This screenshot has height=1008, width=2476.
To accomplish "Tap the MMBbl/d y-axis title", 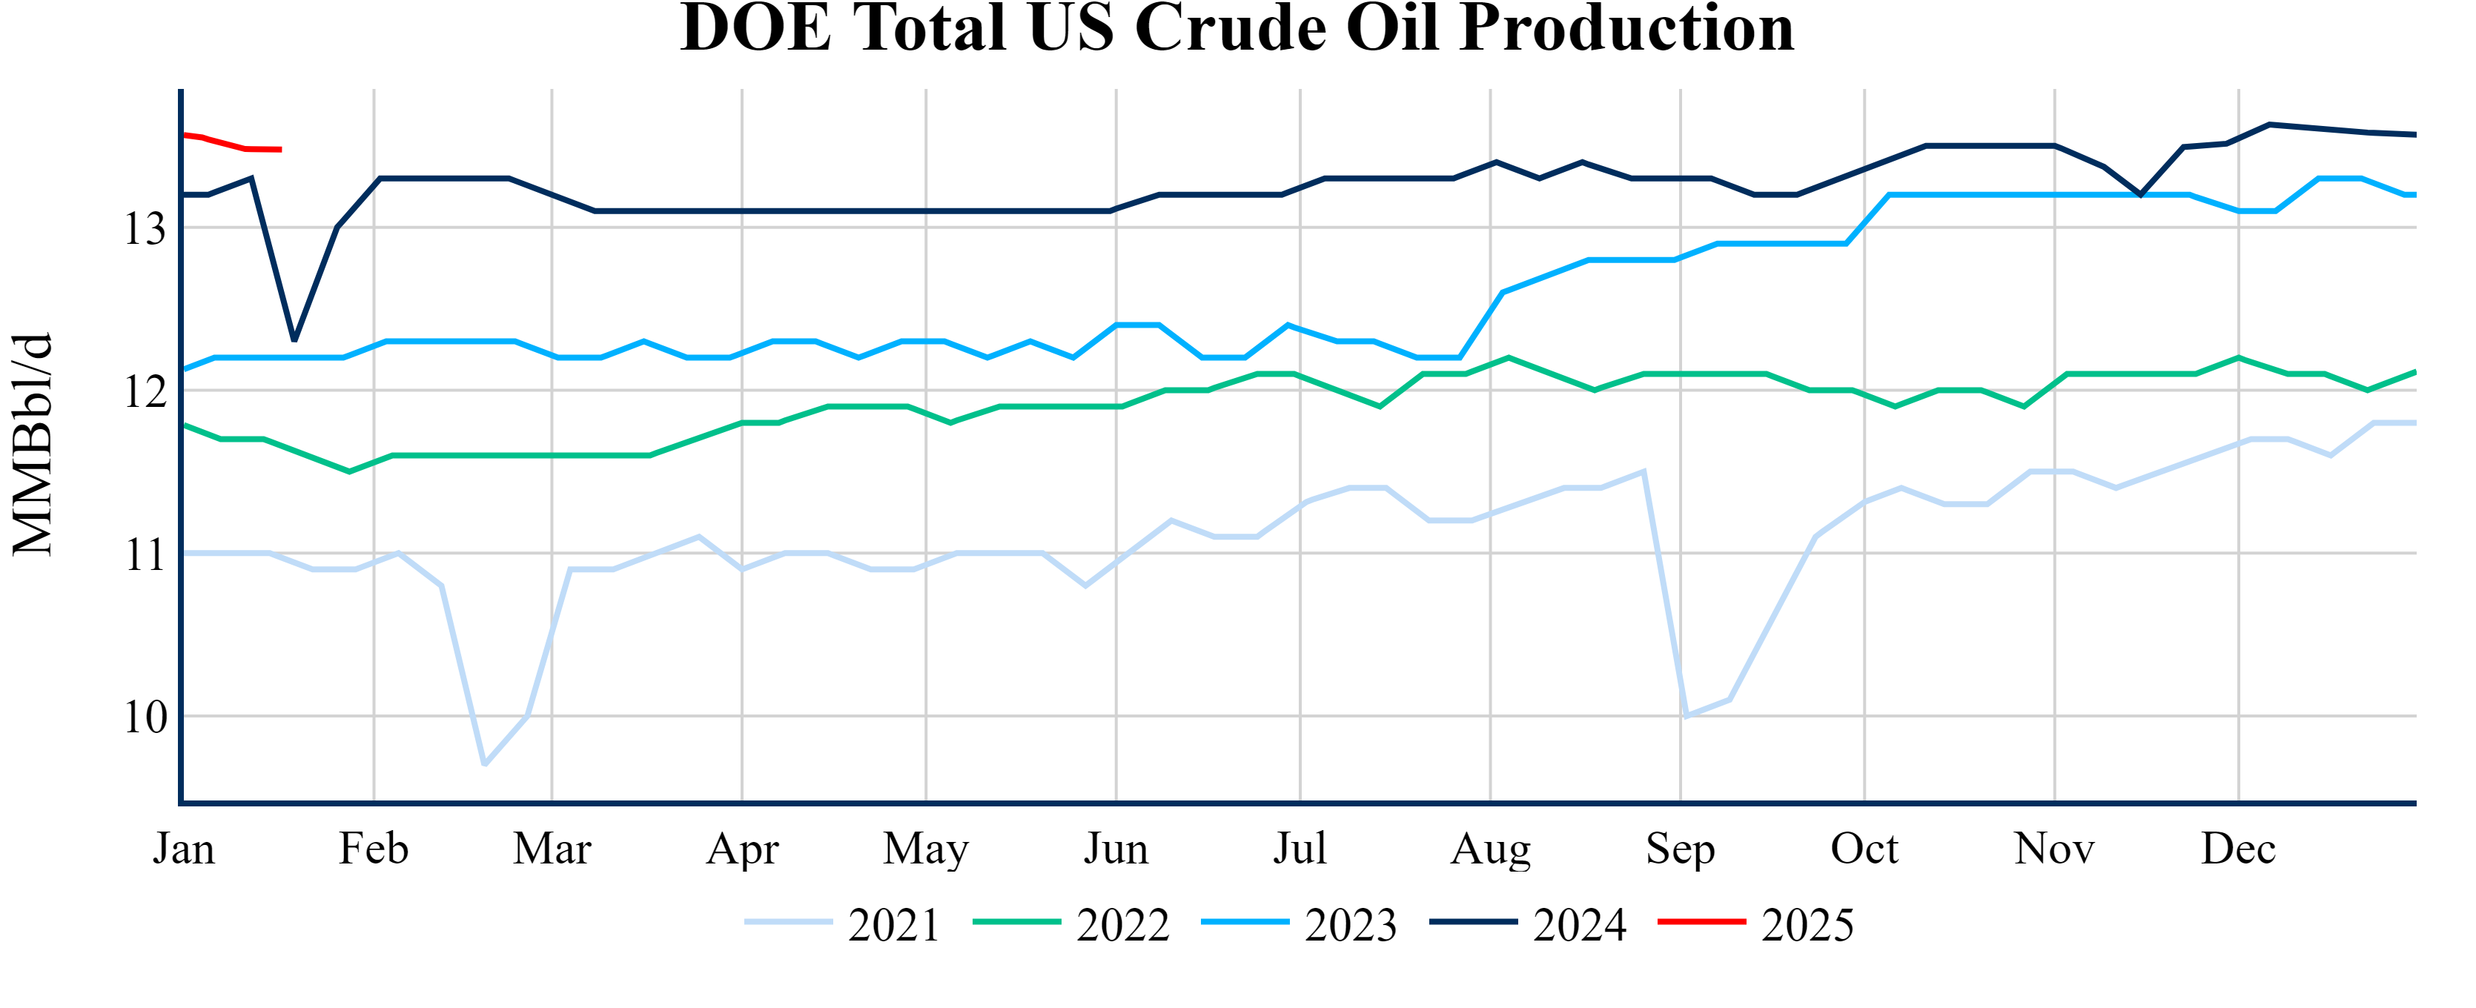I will point(33,444).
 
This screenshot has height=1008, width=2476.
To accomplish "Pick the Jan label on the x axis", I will point(184,849).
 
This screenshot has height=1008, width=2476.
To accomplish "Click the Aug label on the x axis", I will point(1490,849).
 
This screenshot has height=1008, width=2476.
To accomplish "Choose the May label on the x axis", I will point(926,849).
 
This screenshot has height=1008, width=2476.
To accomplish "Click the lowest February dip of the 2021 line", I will point(484,765).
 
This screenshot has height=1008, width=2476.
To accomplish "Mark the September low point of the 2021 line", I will point(1686,717).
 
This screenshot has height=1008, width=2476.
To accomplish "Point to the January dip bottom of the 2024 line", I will point(294,340).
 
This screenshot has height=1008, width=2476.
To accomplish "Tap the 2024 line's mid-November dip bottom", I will point(2140,195).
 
